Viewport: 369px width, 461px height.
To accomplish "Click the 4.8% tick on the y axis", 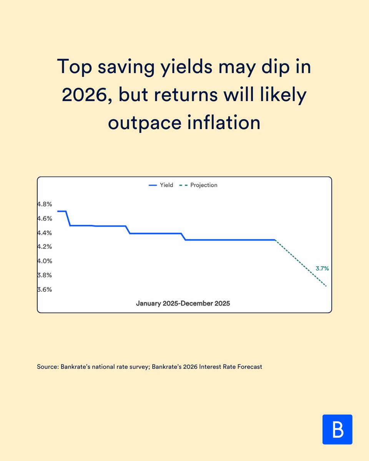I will pos(44,204).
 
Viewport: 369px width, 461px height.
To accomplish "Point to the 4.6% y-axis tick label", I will pos(44,219).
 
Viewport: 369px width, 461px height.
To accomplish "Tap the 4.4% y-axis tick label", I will pos(44,233).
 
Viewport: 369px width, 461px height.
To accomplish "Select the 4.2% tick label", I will pos(44,247).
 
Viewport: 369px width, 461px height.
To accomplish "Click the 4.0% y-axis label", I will pos(44,261).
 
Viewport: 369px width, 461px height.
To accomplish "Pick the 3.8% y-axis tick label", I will pos(44,275).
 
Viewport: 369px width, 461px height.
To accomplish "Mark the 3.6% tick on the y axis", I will pos(44,289).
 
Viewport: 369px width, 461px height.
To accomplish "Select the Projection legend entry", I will pos(199,185).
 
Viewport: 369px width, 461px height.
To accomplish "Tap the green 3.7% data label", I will pos(322,269).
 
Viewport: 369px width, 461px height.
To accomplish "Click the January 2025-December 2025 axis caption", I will pos(183,303).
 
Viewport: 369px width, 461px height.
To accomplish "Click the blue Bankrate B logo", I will pos(337,429).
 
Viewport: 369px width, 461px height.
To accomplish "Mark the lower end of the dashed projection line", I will pos(326,286).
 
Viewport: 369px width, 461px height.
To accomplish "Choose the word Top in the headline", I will pos(73,67).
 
